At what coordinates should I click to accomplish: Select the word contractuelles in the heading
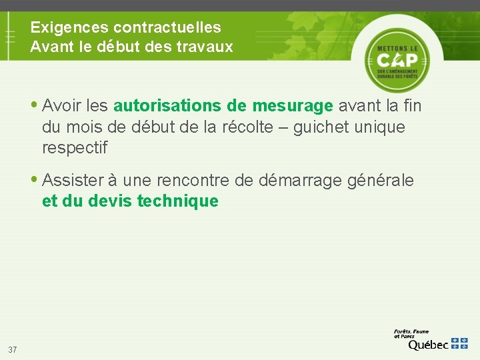point(167,28)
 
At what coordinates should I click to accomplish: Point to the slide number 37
point(13,350)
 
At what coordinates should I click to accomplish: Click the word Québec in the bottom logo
point(428,344)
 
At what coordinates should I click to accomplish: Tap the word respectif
point(74,147)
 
